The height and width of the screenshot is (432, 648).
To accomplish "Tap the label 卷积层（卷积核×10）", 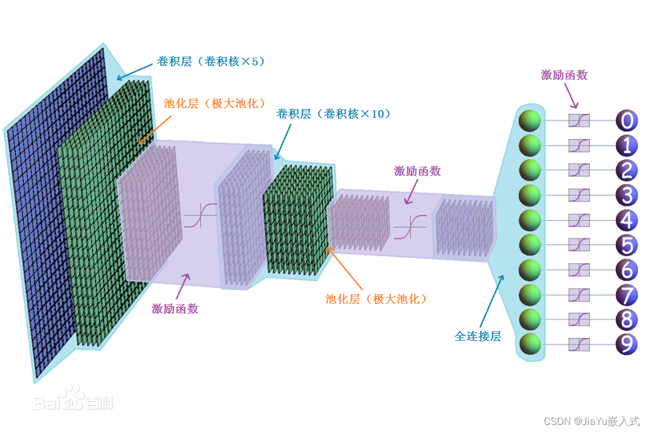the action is [333, 114].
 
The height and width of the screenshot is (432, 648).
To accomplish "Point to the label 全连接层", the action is [478, 336].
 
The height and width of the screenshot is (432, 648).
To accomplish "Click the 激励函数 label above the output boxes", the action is [564, 75].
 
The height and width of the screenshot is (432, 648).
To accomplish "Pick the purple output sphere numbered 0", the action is [626, 120].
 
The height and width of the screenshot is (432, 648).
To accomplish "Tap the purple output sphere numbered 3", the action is [626, 195].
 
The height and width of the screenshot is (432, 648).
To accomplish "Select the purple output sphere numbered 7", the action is [626, 294].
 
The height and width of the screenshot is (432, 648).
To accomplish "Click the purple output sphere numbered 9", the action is [626, 344].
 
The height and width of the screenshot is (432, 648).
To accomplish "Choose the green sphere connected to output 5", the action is [530, 245].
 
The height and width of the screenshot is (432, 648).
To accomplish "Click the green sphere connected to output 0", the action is [530, 120].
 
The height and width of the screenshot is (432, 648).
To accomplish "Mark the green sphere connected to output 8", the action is [530, 319].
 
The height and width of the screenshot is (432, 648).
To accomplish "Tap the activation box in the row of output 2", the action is [579, 170].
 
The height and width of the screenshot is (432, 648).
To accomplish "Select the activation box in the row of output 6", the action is [579, 269].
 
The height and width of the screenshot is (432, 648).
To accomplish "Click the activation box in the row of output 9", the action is [579, 344].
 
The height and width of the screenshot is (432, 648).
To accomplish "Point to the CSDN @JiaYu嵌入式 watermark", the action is [591, 421].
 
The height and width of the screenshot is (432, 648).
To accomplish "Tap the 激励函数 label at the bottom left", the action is [175, 309].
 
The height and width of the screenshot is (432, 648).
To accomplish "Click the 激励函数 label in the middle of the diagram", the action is [417, 171].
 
